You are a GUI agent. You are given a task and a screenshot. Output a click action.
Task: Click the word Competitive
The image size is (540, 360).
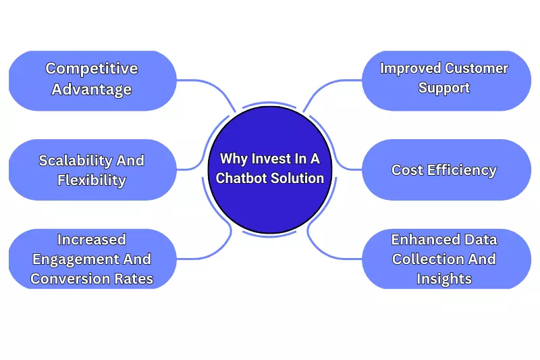92,68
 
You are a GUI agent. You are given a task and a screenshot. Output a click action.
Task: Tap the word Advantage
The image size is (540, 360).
92,89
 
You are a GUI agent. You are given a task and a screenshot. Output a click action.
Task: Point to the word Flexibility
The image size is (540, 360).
92,180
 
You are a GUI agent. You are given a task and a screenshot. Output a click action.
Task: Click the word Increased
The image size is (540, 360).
92,239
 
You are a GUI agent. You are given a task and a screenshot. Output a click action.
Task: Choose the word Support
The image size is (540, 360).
444,88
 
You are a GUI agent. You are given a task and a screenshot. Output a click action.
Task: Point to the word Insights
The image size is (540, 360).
444,278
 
